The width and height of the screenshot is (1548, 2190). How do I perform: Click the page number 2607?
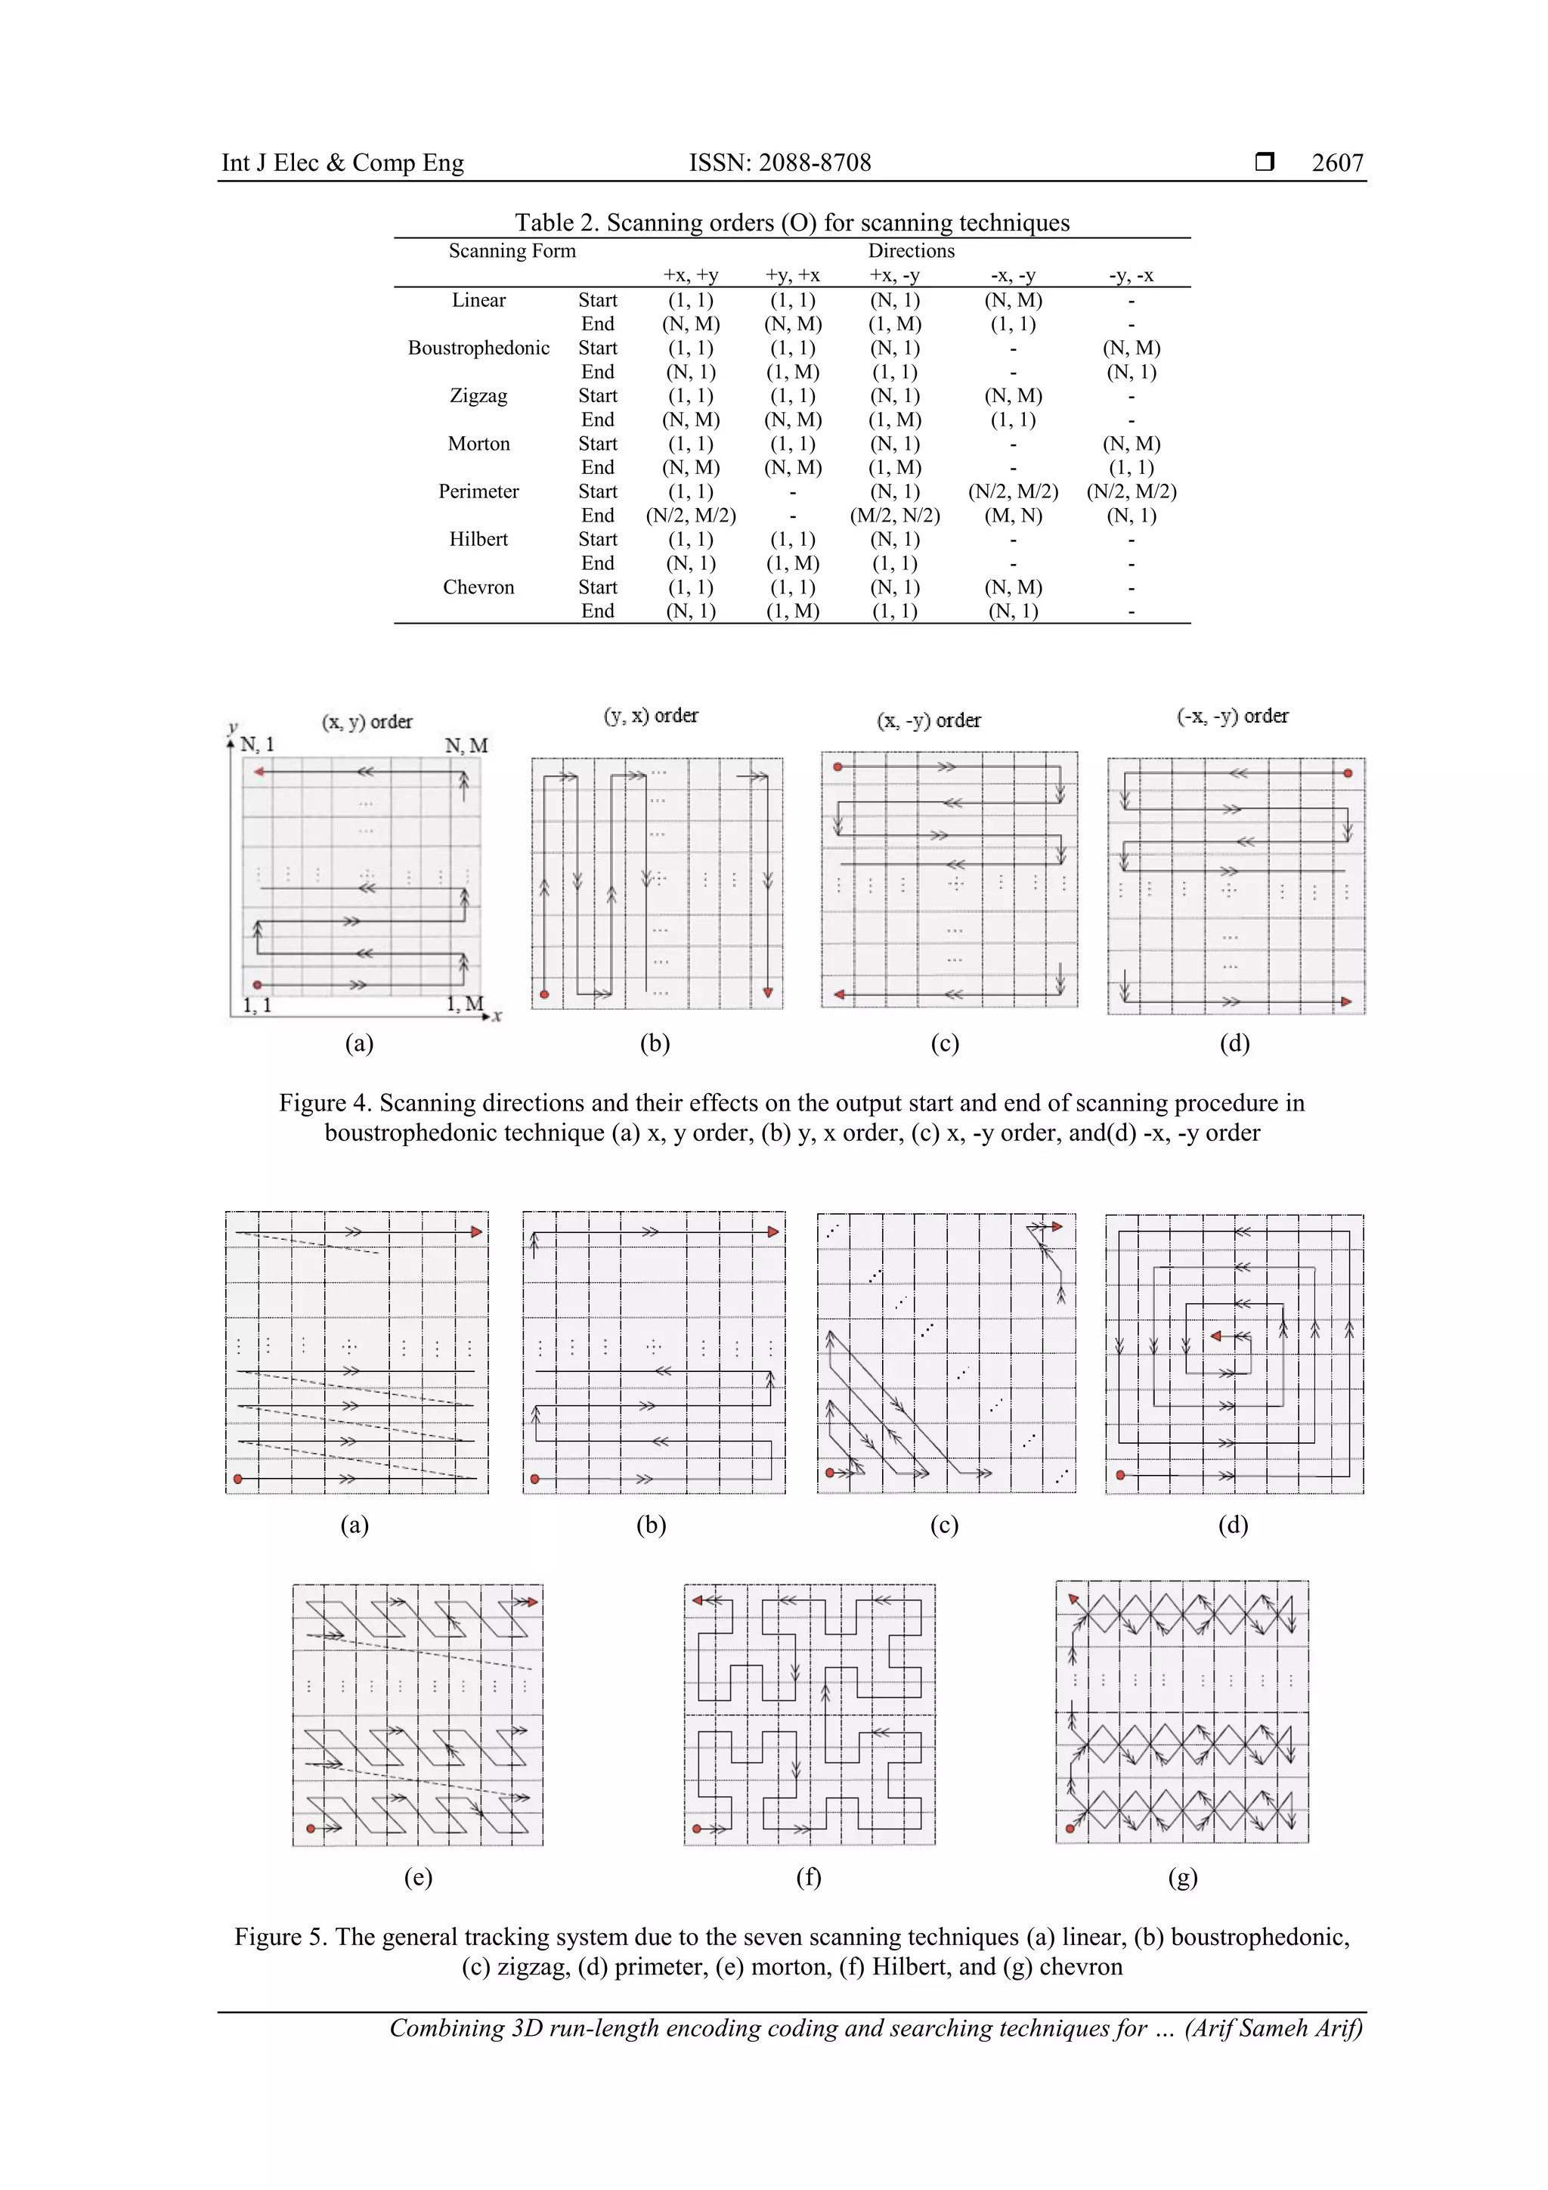[x=1336, y=163]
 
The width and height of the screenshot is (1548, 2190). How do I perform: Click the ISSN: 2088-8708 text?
[x=779, y=163]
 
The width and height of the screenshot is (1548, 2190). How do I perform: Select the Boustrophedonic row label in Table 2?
[x=478, y=348]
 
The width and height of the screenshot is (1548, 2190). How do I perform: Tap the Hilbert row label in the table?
[x=478, y=539]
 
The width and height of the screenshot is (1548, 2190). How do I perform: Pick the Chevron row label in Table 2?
[x=478, y=587]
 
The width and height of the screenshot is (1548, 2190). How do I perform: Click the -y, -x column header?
[x=1132, y=276]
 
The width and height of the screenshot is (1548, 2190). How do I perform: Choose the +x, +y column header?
[x=691, y=276]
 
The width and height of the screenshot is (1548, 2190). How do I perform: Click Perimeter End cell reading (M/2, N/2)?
[x=895, y=516]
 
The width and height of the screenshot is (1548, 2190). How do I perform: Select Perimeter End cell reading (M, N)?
[x=1013, y=516]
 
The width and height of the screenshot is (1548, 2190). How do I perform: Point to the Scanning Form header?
[x=512, y=251]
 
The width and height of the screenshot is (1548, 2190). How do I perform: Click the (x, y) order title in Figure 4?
[x=367, y=722]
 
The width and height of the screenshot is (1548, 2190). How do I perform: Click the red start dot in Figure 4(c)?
[x=837, y=767]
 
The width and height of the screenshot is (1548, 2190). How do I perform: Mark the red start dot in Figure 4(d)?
[x=1348, y=773]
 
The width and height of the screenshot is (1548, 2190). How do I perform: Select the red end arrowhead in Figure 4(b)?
[x=768, y=993]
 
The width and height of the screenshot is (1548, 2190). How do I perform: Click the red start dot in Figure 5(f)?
[x=697, y=1829]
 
